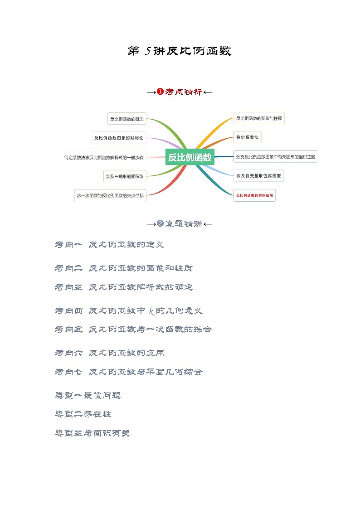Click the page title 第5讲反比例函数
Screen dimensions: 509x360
point(180,51)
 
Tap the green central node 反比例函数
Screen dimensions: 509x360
point(190,157)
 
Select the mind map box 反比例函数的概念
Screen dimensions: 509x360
point(126,119)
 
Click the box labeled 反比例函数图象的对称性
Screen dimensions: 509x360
point(119,138)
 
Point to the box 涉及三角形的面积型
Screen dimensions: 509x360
point(125,176)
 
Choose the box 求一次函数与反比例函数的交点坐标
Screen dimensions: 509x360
point(110,195)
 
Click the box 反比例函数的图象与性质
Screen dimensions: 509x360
point(259,119)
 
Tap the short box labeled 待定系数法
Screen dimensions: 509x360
point(247,137)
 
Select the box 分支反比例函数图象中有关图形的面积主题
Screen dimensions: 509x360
point(276,157)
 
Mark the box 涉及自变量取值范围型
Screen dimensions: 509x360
point(258,175)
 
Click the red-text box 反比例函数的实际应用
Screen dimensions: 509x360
point(254,195)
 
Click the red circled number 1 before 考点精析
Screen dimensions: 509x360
point(160,92)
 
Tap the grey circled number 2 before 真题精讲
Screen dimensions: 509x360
point(160,223)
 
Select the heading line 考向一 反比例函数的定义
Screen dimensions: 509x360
point(109,245)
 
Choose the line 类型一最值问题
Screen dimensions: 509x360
point(88,395)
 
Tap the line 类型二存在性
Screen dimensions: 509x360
point(83,414)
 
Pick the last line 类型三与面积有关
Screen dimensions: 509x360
point(92,433)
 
